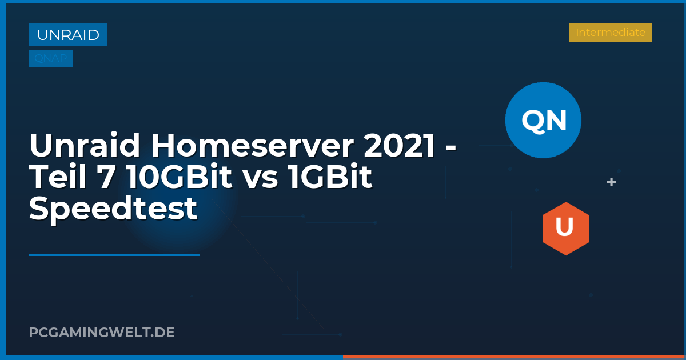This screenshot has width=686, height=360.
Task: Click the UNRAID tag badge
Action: coord(68,35)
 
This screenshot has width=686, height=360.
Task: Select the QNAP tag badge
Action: coord(51,59)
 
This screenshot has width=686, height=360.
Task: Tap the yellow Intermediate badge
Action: coord(610,33)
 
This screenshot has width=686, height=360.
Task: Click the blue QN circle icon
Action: coord(543,120)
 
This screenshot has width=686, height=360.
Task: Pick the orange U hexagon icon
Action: coord(565,229)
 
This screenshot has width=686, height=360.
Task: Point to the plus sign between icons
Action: coord(611,182)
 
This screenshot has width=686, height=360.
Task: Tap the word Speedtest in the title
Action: coord(113,209)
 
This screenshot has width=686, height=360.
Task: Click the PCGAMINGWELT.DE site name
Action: coord(102,332)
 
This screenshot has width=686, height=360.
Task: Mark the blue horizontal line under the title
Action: coord(114,255)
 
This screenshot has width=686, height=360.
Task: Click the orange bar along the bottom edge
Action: coord(514,357)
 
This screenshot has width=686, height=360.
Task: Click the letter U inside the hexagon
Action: coord(565,227)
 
